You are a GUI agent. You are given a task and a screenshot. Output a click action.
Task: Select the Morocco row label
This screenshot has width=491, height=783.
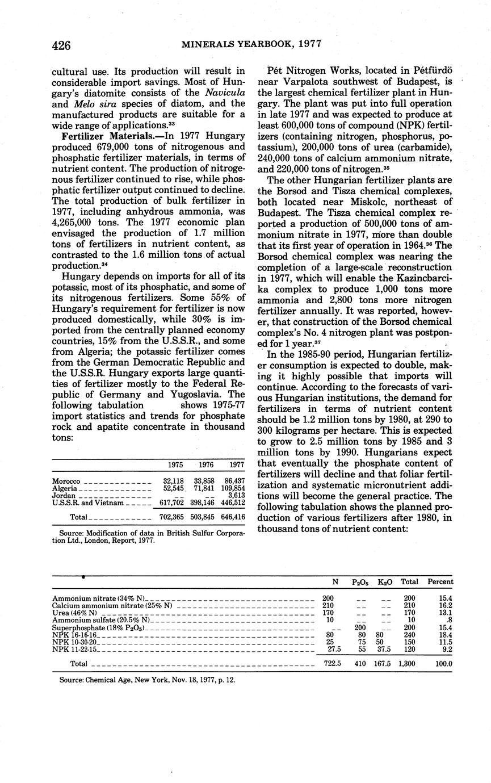click(66, 481)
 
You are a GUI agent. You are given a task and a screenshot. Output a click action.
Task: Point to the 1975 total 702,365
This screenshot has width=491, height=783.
click(169, 517)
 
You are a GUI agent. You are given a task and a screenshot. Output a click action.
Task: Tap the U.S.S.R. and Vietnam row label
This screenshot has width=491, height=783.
click(88, 503)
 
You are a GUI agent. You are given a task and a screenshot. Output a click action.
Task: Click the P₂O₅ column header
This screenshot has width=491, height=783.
click(360, 582)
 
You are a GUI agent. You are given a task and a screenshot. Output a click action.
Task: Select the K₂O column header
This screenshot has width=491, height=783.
click(385, 582)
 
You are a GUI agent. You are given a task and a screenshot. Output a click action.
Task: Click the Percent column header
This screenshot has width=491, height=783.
click(440, 582)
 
